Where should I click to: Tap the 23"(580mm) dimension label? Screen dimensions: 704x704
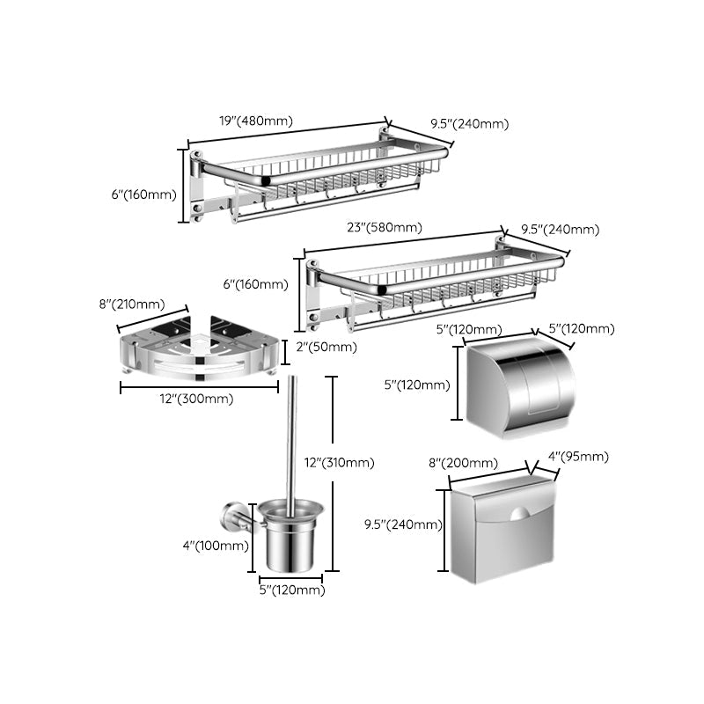[384, 227]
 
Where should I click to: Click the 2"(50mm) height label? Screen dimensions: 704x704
[326, 347]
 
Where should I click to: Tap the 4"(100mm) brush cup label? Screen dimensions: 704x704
[215, 546]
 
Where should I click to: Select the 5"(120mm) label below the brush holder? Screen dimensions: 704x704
[291, 590]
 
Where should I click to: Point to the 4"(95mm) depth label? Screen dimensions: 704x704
[578, 457]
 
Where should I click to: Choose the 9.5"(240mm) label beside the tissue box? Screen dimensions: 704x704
[403, 525]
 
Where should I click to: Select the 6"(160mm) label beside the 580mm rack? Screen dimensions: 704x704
[255, 284]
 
